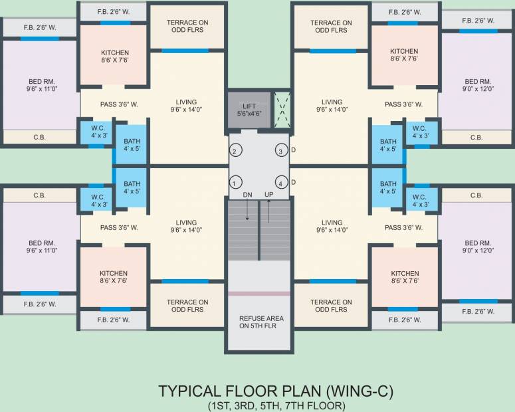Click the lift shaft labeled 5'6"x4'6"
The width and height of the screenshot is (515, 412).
click(x=249, y=110)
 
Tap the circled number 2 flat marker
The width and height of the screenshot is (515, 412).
click(x=235, y=150)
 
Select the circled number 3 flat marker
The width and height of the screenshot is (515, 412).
click(x=282, y=150)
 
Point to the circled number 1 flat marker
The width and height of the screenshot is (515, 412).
click(x=235, y=182)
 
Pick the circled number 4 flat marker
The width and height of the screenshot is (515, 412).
click(x=282, y=182)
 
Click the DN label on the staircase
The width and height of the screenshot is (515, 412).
click(x=247, y=195)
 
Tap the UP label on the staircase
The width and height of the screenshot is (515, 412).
click(x=268, y=195)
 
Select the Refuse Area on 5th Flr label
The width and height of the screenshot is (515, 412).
click(x=261, y=322)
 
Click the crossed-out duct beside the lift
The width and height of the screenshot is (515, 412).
click(x=282, y=110)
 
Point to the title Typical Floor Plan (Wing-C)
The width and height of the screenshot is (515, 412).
click(x=276, y=391)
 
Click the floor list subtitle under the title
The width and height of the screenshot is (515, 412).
click(x=276, y=406)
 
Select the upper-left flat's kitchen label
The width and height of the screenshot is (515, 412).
click(x=114, y=56)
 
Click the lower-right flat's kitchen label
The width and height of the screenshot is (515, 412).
click(x=405, y=277)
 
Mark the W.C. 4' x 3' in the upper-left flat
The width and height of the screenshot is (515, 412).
click(x=99, y=132)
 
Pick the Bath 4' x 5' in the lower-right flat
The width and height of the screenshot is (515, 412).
click(x=388, y=187)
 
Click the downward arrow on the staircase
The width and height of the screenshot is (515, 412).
click(x=247, y=209)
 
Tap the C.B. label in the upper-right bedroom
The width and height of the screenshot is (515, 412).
click(x=476, y=138)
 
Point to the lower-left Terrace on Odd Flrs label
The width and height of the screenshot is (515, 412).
click(x=187, y=306)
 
